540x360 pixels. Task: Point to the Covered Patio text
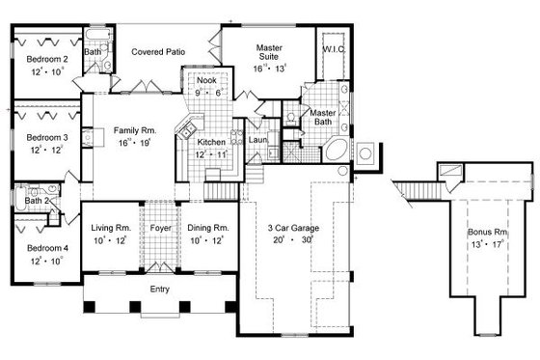158,50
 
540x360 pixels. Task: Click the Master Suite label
268,52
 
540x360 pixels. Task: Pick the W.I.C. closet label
335,47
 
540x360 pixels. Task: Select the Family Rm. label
134,129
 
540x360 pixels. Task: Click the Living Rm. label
110,228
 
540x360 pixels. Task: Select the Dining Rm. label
207,228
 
